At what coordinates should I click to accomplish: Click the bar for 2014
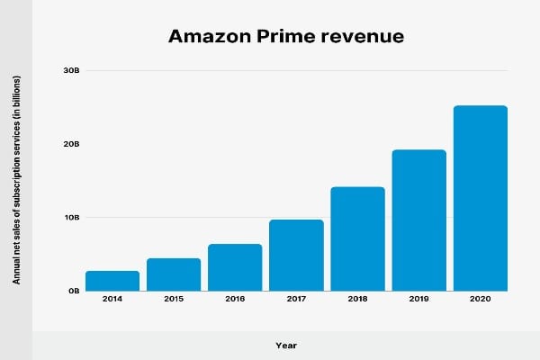click(112, 281)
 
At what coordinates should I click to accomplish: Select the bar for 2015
click(174, 274)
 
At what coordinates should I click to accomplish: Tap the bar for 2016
click(235, 267)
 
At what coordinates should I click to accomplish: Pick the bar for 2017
click(296, 255)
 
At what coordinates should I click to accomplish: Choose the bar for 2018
click(357, 238)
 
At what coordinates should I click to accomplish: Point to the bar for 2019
click(418, 220)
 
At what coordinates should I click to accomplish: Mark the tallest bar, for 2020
click(480, 198)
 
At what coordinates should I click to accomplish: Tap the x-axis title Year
click(286, 345)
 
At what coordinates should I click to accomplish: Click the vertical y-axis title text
click(17, 180)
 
